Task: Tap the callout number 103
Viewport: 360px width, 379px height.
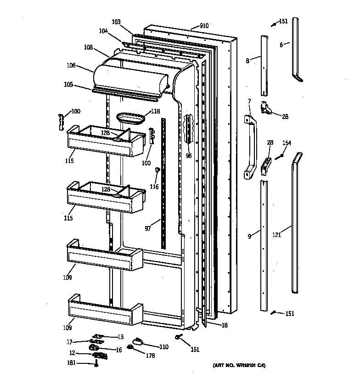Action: [116, 22]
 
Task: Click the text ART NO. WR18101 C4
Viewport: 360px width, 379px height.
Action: [239, 366]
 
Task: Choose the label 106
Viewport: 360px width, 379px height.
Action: [71, 66]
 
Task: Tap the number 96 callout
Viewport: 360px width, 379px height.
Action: [188, 155]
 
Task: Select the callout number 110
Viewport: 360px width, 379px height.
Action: [163, 346]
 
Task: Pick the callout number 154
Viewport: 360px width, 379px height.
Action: [287, 143]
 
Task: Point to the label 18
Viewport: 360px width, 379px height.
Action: [224, 325]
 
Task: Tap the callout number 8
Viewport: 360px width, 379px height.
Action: [247, 60]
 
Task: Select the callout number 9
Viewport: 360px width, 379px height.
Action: [249, 236]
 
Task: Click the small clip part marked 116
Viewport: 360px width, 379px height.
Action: [157, 170]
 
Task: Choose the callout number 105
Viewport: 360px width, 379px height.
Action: [68, 85]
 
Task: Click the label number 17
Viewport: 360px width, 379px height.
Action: [69, 341]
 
